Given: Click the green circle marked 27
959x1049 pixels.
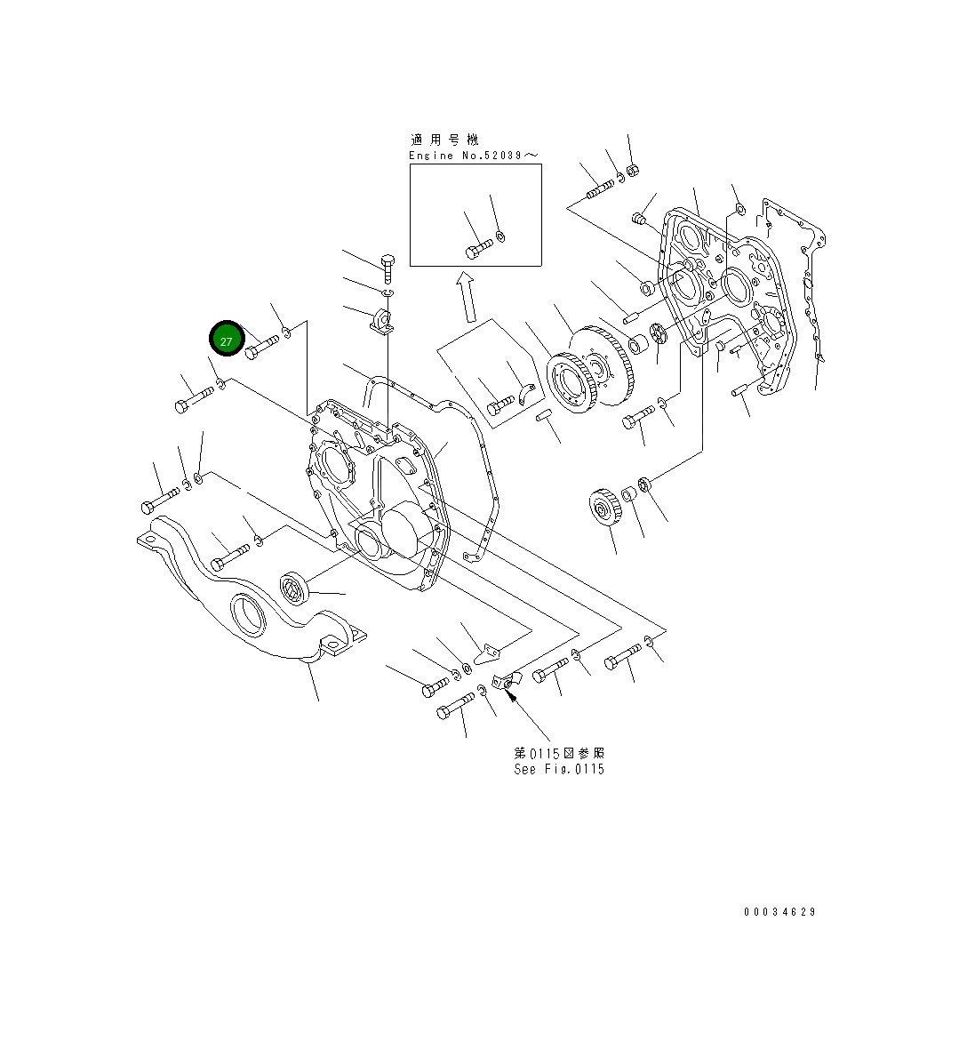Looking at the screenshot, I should pos(226,340).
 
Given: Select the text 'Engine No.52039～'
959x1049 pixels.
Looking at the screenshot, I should pos(473,156).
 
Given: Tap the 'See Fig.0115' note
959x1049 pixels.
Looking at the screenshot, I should pos(558,769).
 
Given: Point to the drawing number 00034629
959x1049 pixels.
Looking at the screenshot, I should pos(779,912).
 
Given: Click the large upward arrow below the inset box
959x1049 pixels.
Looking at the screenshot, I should pos(465,297).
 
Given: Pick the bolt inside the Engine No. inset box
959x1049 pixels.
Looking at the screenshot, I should pos(478,248).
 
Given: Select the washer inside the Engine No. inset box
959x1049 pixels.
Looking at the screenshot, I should pos(500,236).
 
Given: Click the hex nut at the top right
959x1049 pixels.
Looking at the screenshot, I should pos(633,170).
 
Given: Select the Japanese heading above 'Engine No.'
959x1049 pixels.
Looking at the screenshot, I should pos(444,140).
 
